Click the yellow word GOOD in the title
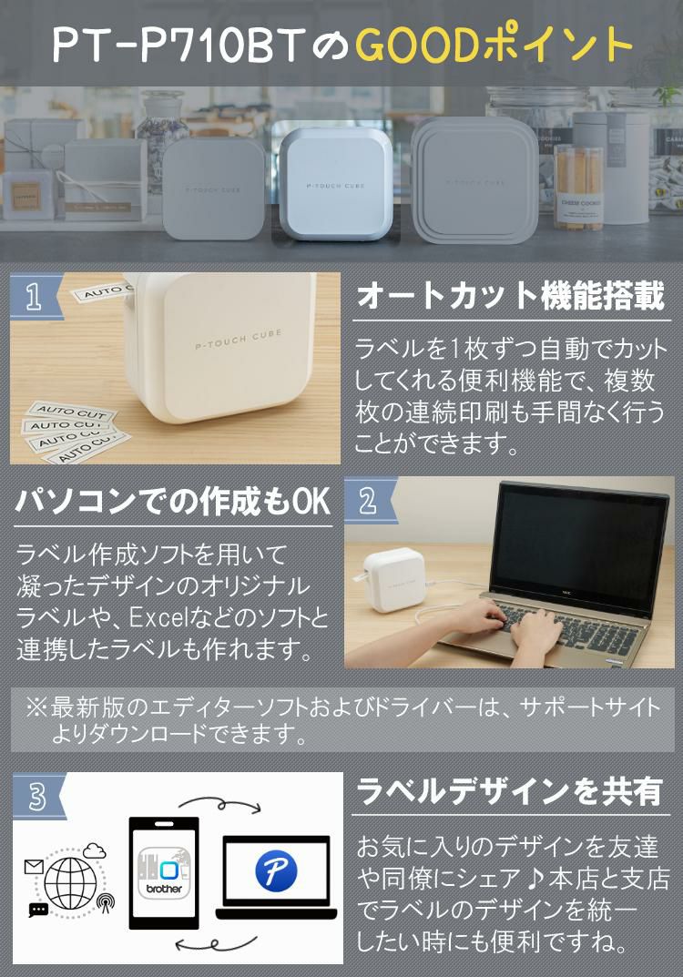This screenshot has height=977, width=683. pyautogui.click(x=420, y=45)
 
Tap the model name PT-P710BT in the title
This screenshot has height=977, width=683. pyautogui.click(x=178, y=45)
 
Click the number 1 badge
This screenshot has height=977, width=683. pyautogui.click(x=36, y=296)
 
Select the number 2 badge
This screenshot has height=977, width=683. pyautogui.click(x=370, y=501)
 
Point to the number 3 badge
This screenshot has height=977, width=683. pyautogui.click(x=37, y=796)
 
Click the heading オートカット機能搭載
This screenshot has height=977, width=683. pyautogui.click(x=511, y=296)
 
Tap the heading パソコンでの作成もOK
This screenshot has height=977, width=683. pyautogui.click(x=173, y=501)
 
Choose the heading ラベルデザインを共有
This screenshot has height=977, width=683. pyautogui.click(x=509, y=792)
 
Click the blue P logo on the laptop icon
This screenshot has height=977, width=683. pyautogui.click(x=276, y=870)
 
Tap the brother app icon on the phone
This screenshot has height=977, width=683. pyautogui.click(x=164, y=871)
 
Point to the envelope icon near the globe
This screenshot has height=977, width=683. pyautogui.click(x=33, y=867)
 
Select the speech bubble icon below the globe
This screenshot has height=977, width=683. pyautogui.click(x=38, y=910)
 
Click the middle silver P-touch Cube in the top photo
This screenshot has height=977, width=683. pyautogui.click(x=334, y=185)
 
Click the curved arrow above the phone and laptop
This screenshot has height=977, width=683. pyautogui.click(x=219, y=804)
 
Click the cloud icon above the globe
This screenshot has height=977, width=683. pyautogui.click(x=94, y=851)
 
